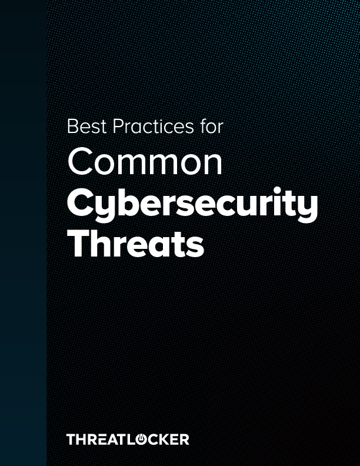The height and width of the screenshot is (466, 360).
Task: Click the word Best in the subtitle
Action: point(82,126)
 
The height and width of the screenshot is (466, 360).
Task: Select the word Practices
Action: point(148,126)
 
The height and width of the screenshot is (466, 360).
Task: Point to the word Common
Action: point(145,161)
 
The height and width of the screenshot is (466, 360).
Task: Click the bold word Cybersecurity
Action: point(192,205)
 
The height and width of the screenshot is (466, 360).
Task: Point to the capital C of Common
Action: point(80,161)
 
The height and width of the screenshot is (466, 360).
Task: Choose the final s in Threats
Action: point(195,247)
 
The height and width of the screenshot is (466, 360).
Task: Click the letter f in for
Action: point(201,125)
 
